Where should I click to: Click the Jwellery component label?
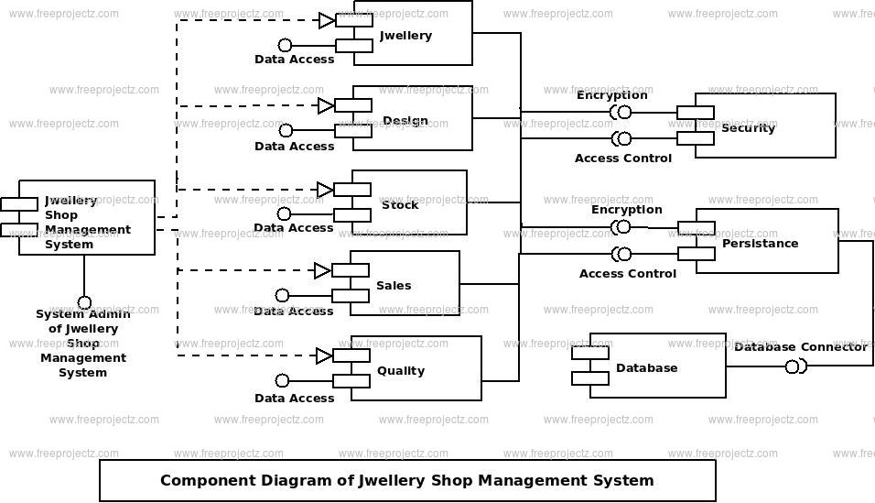click(405, 36)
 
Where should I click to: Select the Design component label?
click(405, 121)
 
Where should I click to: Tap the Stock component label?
click(400, 205)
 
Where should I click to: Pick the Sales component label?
click(394, 286)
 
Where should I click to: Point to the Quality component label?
click(401, 370)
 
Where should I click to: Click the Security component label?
click(749, 128)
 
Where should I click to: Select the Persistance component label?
click(760, 243)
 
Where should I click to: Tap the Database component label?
click(647, 367)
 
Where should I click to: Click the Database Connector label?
click(801, 347)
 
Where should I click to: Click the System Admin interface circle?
click(84, 303)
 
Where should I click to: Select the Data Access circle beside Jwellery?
click(286, 45)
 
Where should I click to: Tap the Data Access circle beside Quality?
click(283, 380)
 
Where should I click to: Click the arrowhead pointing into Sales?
click(322, 271)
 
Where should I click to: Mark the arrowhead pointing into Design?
click(326, 105)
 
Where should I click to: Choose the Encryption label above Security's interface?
click(612, 95)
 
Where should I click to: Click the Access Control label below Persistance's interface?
click(628, 274)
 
